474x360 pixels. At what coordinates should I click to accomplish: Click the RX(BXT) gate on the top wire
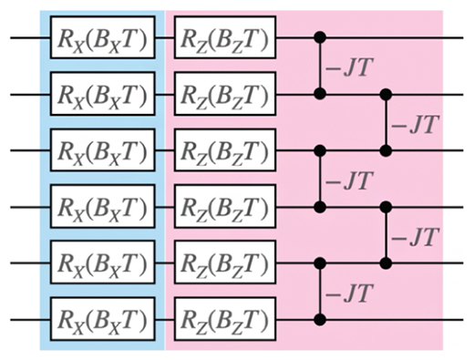103,38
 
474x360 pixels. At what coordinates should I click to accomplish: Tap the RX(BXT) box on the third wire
103,149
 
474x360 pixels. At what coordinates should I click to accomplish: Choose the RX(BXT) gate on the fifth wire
103,262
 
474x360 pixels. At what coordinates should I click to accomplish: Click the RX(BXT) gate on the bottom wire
103,319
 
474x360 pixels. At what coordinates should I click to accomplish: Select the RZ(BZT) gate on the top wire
223,38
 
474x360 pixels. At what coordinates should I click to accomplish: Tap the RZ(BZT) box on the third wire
223,149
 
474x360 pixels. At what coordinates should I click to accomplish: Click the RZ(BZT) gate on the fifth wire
223,262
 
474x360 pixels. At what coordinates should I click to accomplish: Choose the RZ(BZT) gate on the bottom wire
223,319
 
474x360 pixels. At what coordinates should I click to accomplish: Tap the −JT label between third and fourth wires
348,180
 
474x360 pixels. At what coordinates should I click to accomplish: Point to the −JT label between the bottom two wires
348,293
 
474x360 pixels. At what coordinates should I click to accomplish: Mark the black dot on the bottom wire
319,319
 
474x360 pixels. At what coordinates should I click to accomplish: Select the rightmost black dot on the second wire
386,94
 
